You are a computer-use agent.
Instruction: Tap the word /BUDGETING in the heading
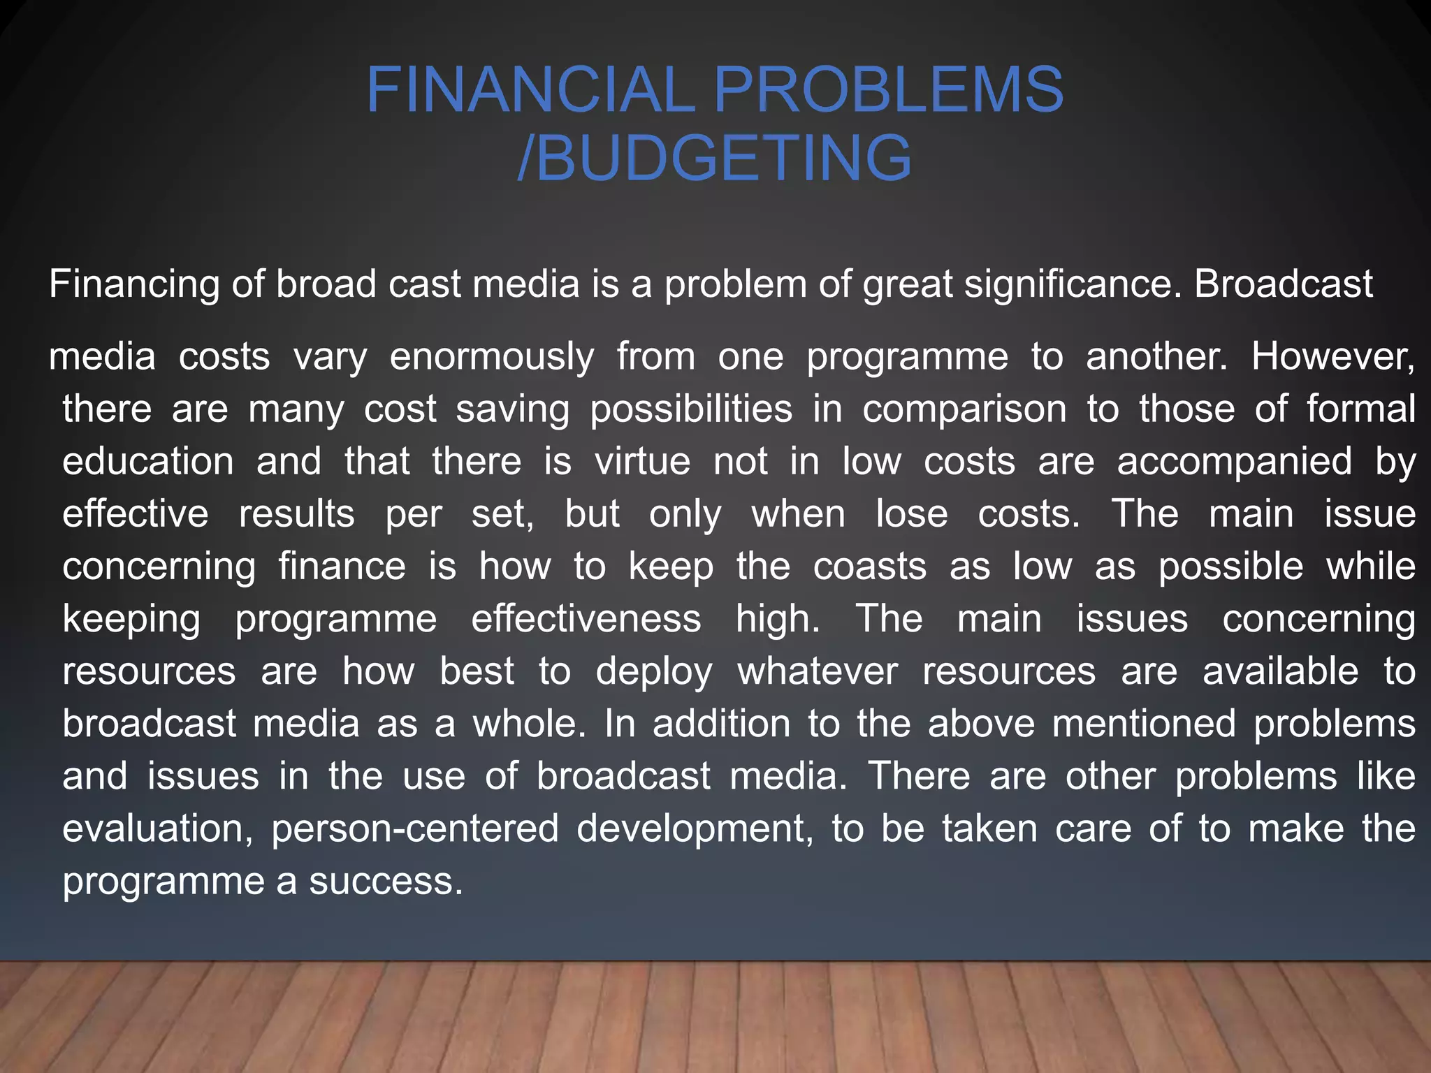(714, 158)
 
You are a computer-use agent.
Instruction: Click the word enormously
(491, 356)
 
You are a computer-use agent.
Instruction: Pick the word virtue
(643, 461)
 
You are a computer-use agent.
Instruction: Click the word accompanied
(1234, 461)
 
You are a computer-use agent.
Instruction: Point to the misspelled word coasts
(869, 566)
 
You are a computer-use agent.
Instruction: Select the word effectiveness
(586, 618)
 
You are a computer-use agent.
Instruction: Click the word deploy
(653, 672)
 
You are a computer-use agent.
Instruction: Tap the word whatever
(818, 671)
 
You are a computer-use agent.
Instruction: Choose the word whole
(529, 723)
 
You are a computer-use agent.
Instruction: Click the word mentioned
(1144, 723)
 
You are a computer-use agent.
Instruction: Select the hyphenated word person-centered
(415, 829)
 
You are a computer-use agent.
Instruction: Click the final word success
(386, 881)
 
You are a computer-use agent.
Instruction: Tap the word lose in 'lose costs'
(912, 513)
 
